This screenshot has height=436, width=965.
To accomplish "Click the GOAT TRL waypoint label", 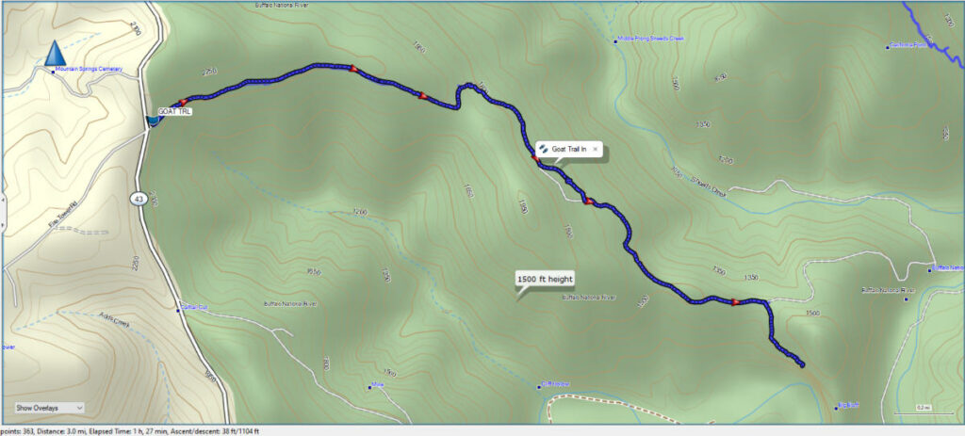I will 173,111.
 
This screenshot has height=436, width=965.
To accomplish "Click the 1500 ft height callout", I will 545,279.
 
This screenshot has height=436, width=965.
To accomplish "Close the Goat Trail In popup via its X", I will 596,150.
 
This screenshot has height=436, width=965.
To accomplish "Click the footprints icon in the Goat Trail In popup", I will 544,150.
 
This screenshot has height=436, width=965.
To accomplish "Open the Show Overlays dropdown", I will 49,407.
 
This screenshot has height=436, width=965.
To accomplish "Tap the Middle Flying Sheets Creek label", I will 649,40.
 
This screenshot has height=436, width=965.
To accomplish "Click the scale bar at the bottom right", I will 924,412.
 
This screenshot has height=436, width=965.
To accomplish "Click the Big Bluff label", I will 848,406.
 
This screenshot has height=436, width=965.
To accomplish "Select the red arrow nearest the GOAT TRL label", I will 184,100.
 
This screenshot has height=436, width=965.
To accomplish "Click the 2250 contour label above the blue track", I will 209,72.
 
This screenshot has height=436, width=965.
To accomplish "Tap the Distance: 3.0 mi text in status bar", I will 56,430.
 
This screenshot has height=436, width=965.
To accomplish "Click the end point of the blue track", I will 802,364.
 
